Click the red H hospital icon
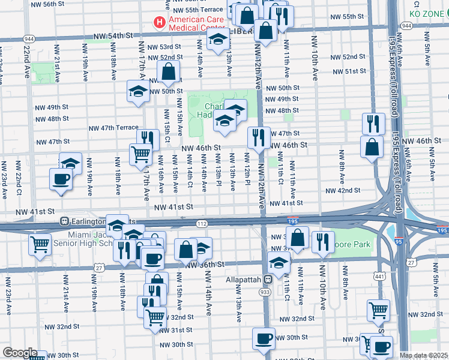(159, 23)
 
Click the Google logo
(19, 353)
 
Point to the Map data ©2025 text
(424, 355)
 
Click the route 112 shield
(202, 224)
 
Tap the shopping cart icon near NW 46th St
(140, 154)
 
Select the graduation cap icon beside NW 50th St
(138, 92)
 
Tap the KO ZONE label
(429, 13)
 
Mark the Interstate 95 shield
(399, 242)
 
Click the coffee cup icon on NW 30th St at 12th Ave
(263, 338)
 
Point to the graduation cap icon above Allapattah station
(279, 262)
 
